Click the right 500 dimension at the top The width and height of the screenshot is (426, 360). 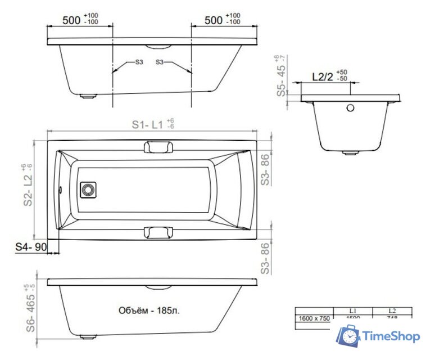214,20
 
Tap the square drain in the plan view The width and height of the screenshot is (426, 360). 88,190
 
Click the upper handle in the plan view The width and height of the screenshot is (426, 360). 158,147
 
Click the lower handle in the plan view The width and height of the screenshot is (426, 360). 158,232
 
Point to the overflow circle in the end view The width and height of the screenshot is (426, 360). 350,108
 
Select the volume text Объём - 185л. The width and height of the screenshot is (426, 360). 149,310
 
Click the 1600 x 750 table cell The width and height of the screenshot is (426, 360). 314,318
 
